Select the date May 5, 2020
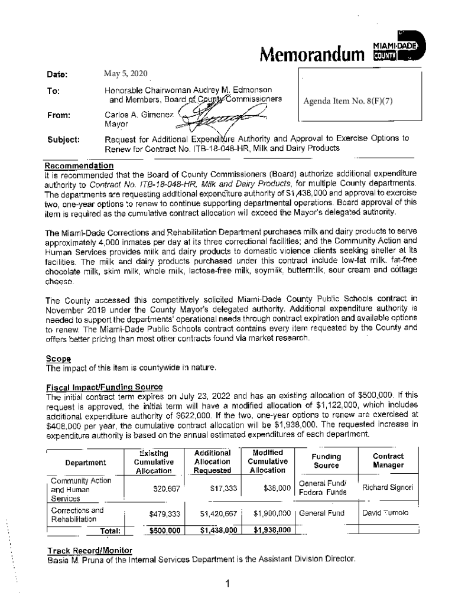125,74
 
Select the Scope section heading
58,359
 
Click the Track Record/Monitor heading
90,551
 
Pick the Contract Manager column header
388,461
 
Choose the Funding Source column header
326,461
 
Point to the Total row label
110,531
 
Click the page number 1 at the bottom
227,585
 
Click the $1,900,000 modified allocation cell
272,513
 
